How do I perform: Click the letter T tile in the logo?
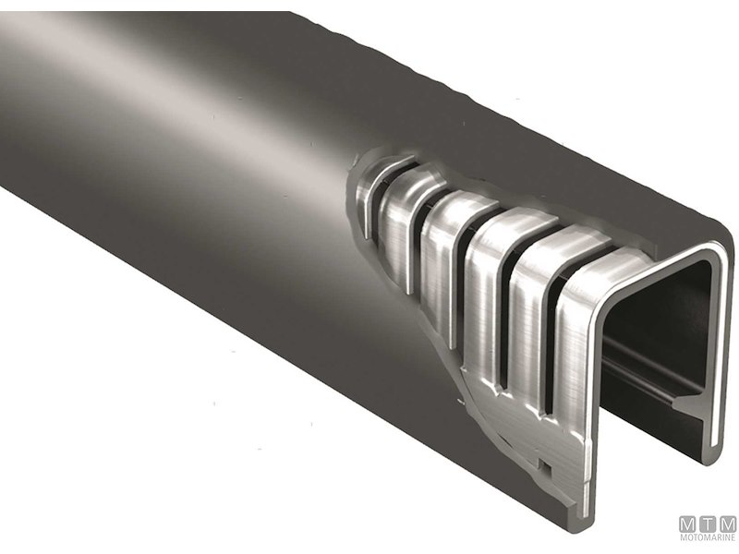point(708,523)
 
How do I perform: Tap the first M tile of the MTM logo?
point(689,523)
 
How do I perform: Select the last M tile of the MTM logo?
point(727,523)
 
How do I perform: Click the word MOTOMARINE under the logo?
point(708,537)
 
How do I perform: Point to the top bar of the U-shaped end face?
point(656,263)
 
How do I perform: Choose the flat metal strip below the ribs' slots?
point(517,434)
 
